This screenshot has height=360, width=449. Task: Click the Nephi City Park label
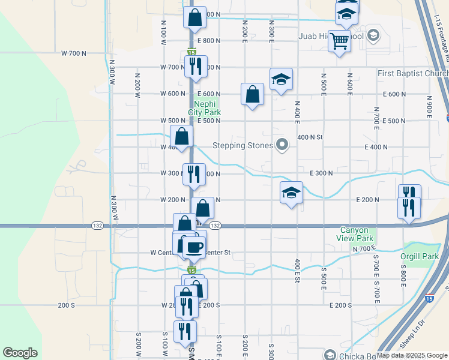tap(204, 108)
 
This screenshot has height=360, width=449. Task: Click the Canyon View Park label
tap(357, 234)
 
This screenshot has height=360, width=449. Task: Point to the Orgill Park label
tap(420, 257)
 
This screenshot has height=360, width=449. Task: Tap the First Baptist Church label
tap(413, 74)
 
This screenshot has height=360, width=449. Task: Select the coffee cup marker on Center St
tap(193, 246)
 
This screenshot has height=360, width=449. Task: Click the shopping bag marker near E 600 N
tap(253, 94)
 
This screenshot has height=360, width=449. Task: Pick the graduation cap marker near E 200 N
tap(291, 193)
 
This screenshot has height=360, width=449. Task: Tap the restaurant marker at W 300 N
tap(193, 175)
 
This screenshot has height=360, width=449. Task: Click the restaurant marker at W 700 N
tap(195, 67)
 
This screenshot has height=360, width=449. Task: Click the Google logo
tap(20, 353)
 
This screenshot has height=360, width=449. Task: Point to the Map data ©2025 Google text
tap(412, 355)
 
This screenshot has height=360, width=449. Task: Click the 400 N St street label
tap(310, 137)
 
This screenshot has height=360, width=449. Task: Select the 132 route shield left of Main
tap(97, 225)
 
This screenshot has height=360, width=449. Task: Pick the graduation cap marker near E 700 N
tap(280, 80)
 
